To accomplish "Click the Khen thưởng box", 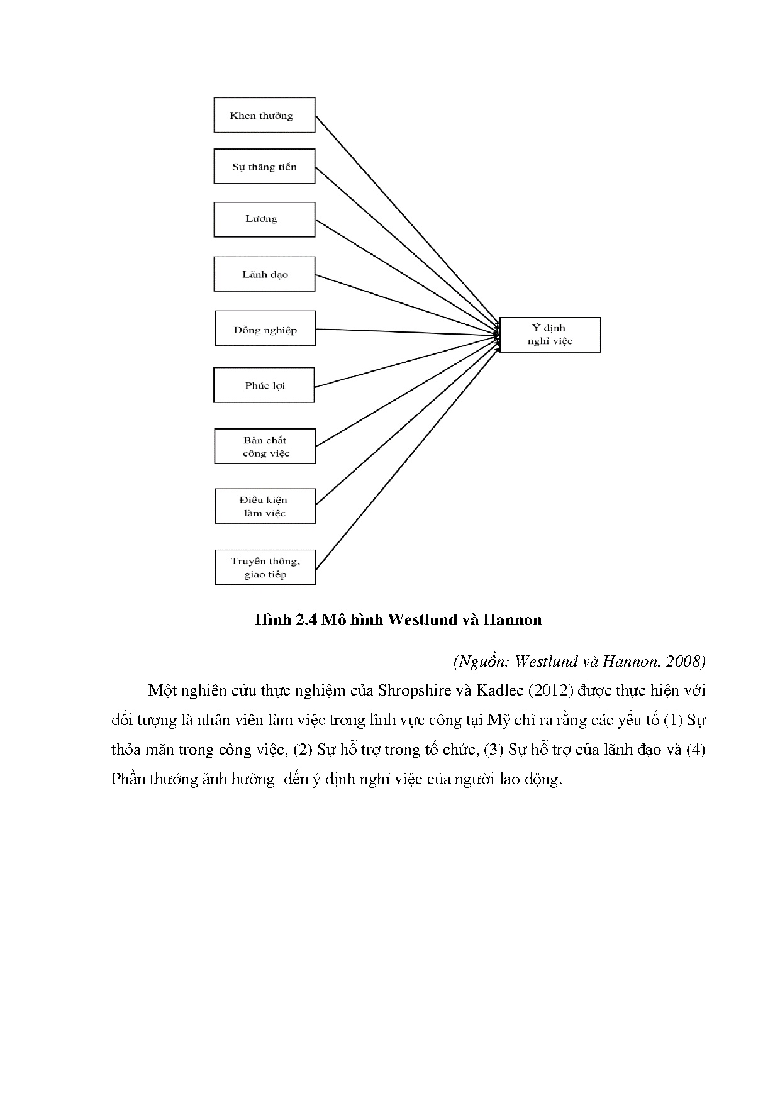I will pos(264,115).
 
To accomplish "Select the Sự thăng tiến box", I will pos(264,167).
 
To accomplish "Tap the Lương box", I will pos(264,219).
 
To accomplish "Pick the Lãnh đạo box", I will pos(264,274).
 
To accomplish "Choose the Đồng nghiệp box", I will pos(265,328).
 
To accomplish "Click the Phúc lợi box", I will pos(264,385).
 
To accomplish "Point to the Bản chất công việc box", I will pos(265,446).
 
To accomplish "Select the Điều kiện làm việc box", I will pos(265,506).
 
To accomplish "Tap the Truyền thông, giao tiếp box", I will pos(265,567).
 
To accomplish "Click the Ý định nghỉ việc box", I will pos(550,335).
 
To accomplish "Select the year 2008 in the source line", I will pos(687,661).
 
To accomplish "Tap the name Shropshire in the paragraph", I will pos(415,690).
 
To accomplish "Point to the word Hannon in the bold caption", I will pos(512,620).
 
